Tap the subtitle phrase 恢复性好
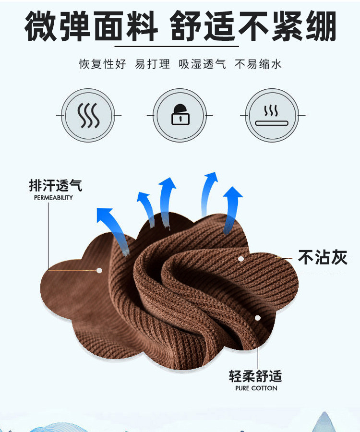point(103,64)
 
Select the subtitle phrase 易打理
point(153,64)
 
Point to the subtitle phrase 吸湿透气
point(202,64)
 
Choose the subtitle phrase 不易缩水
point(258,64)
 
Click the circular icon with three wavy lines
point(89,115)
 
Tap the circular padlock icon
point(180,115)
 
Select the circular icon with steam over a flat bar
point(272,115)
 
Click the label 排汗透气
point(55,186)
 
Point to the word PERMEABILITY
point(53,198)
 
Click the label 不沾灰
point(322,258)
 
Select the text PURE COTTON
point(256,388)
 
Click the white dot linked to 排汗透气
point(99,270)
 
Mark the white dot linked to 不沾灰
point(241,259)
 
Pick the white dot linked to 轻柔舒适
point(258,318)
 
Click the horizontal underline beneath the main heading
point(177,46)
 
